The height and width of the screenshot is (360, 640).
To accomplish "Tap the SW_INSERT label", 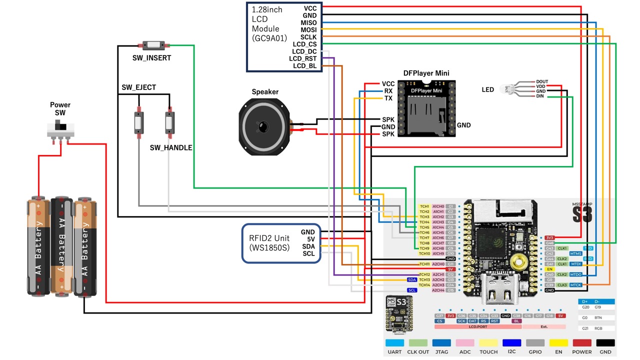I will (x=151, y=58).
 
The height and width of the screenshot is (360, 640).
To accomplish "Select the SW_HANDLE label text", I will (x=171, y=147).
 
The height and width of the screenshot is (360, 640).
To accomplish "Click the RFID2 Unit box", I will (x=281, y=243).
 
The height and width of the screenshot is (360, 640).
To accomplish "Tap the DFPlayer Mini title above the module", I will (x=426, y=73).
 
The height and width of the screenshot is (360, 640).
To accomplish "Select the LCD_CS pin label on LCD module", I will (x=304, y=44).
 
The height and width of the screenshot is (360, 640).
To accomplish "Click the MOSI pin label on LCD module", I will (x=308, y=30).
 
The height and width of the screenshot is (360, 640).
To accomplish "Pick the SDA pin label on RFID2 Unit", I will (x=308, y=246).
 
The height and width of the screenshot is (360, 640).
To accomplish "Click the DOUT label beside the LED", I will (x=542, y=81).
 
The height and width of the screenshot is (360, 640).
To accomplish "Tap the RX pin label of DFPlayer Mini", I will (x=388, y=91).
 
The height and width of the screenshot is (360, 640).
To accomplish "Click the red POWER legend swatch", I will (x=582, y=343).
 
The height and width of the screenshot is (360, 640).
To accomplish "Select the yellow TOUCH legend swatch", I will (x=488, y=343).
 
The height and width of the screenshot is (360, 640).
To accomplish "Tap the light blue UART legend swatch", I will (x=394, y=343).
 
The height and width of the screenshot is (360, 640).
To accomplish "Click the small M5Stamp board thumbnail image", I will (x=399, y=313).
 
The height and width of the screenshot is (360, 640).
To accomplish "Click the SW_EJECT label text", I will (x=139, y=87).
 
